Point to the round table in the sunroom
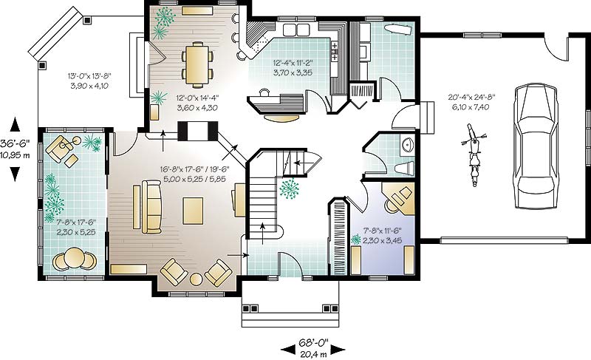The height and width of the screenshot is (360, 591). pos(73,259)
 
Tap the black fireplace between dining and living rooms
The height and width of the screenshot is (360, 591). pos(198,131)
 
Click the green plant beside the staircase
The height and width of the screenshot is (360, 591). pos(289,189)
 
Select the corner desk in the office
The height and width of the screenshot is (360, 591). pos(400,197)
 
